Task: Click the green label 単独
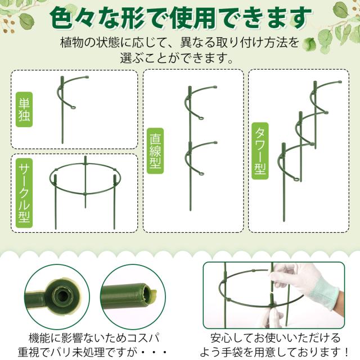click(24, 110)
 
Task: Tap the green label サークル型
click(24, 192)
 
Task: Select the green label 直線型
click(155, 151)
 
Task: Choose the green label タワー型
click(260, 151)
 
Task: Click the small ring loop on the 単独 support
click(73, 107)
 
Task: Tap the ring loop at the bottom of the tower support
click(297, 180)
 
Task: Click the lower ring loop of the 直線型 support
click(201, 173)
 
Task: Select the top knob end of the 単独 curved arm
click(87, 77)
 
